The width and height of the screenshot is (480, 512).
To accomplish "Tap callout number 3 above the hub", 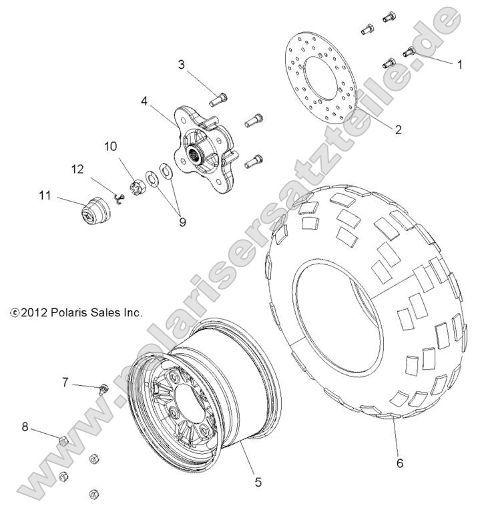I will pyautogui.click(x=181, y=65).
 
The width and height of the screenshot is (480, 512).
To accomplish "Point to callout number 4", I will pyautogui.click(x=144, y=103).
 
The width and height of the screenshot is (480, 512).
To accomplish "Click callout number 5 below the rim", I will pyautogui.click(x=258, y=479).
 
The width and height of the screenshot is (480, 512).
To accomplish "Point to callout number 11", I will pyautogui.click(x=45, y=196).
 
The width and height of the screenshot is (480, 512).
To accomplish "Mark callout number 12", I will pyautogui.click(x=77, y=170).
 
